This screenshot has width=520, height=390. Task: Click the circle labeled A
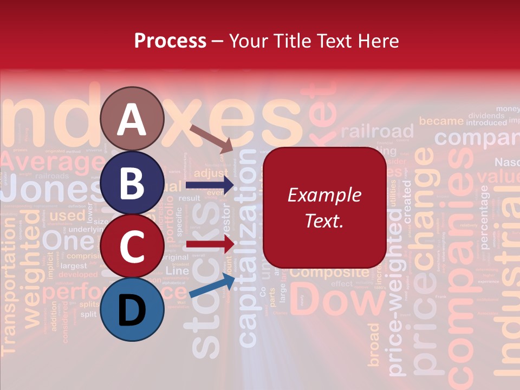tap(132, 119)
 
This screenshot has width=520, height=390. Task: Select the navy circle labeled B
tap(132, 183)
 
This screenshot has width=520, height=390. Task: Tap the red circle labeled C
tap(132, 246)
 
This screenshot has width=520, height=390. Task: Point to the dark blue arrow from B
tap(209, 185)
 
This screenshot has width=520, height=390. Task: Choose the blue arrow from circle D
tap(212, 286)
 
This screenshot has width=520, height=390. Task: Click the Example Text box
tap(324, 207)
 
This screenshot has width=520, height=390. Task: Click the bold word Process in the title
tap(170, 41)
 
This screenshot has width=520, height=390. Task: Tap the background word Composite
tap(330, 272)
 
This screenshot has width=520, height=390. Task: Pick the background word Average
tap(51, 161)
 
